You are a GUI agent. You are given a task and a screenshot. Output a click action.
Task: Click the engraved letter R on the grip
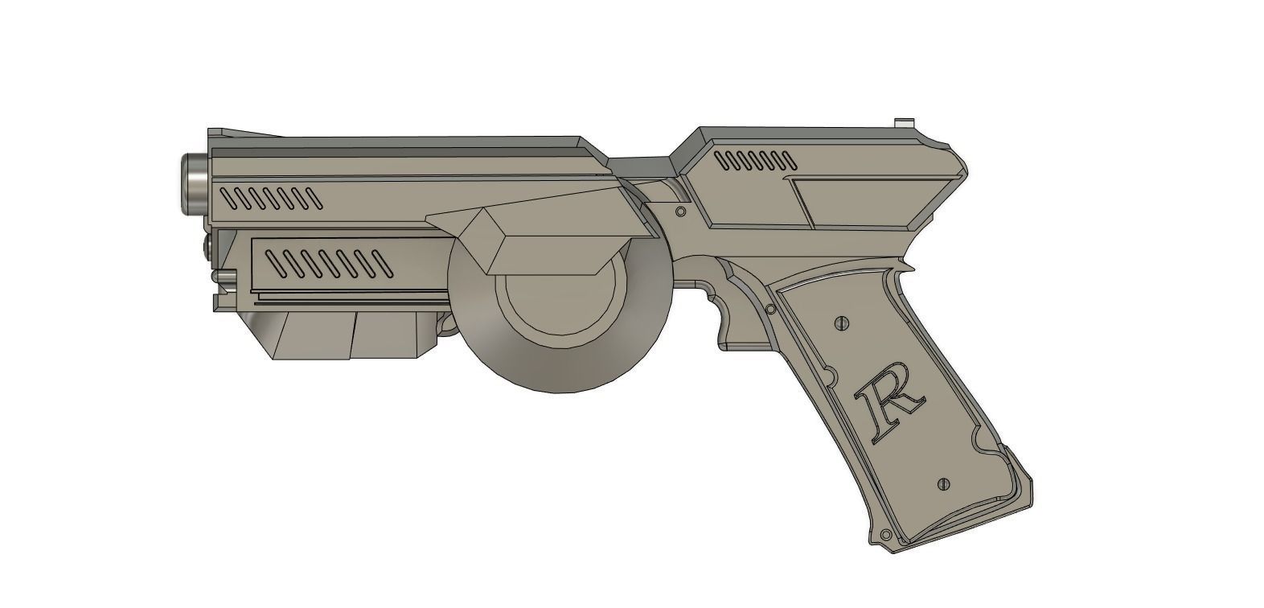[x=888, y=405]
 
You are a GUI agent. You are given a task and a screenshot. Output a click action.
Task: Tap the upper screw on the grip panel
[x=842, y=322]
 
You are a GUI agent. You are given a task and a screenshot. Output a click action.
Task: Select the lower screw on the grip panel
[x=944, y=484]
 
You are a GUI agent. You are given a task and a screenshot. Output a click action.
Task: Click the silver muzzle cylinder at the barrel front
[x=192, y=183]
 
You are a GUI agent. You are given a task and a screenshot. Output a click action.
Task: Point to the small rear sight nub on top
[x=905, y=123]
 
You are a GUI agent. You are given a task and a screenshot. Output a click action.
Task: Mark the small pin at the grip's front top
[x=770, y=309]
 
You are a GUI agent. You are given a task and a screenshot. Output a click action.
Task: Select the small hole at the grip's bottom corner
[x=885, y=536]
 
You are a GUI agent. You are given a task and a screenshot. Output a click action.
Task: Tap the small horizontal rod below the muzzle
[x=224, y=276]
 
